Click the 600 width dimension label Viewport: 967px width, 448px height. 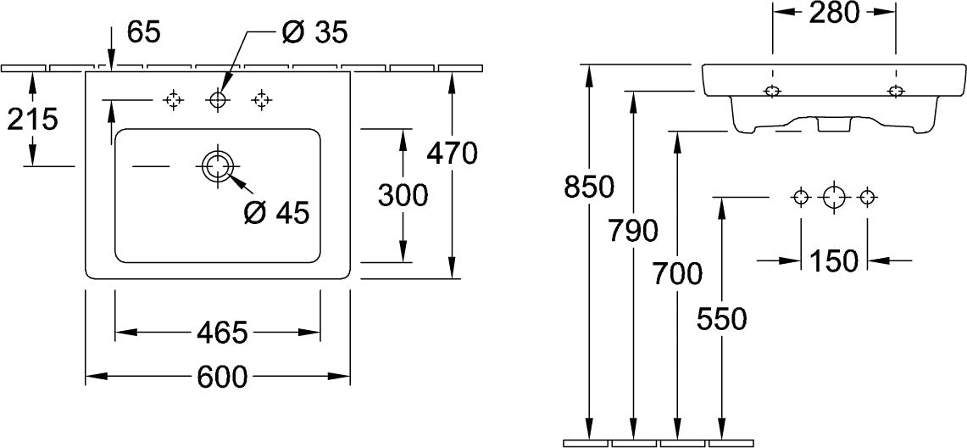coord(222,377)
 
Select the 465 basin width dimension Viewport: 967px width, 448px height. coord(222,333)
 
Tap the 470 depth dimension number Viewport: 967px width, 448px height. coord(452,153)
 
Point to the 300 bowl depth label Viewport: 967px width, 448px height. coord(403,196)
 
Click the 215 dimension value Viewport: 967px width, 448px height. coord(32,119)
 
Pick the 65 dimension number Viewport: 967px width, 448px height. coord(144,32)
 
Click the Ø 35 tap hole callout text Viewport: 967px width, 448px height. coord(314,32)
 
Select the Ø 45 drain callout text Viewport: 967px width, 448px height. coord(276,214)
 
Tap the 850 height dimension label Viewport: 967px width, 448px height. coord(590,187)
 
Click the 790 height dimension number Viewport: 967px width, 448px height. coord(633,231)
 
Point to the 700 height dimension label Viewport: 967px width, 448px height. coord(677,274)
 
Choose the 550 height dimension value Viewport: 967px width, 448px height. coord(721,318)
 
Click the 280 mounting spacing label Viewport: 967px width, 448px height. coord(834,13)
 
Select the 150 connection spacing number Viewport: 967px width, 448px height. coord(833,261)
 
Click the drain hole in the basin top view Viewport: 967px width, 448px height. coord(216,166)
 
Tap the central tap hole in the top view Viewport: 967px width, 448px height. coord(217,99)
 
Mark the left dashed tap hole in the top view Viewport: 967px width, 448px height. coord(173,99)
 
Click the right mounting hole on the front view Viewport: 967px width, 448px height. coord(896,92)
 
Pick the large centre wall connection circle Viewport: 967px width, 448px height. coord(834,198)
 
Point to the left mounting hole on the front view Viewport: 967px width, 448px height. coord(772,92)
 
